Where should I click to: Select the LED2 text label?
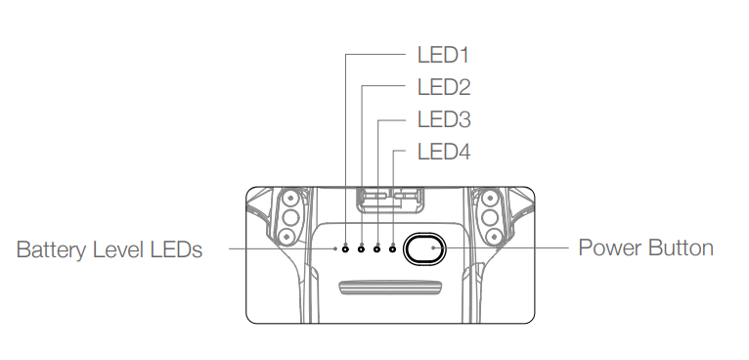[443, 87]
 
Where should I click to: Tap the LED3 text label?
[443, 119]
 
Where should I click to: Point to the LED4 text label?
[443, 152]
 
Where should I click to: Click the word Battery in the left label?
[50, 250]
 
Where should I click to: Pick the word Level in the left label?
[115, 250]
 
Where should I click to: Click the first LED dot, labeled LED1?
[346, 248]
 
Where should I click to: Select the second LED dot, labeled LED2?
[362, 248]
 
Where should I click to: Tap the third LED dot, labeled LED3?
[377, 248]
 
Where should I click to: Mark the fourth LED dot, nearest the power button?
[393, 248]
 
